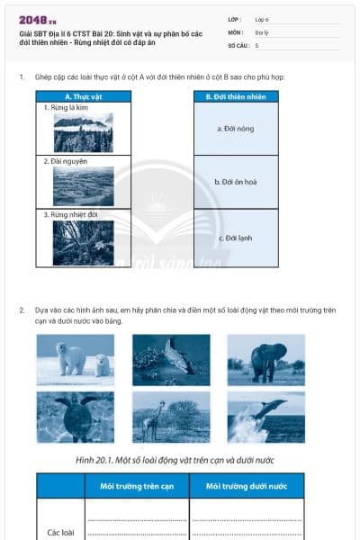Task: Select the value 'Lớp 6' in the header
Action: [262, 19]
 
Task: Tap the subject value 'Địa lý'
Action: [263, 31]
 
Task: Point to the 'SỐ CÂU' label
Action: [238, 44]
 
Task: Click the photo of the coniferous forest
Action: [83, 132]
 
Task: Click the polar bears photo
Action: [76, 360]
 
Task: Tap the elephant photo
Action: [265, 360]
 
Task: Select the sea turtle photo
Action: [76, 417]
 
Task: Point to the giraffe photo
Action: [171, 417]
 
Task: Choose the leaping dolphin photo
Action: [265, 417]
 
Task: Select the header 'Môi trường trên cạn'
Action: [137, 487]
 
